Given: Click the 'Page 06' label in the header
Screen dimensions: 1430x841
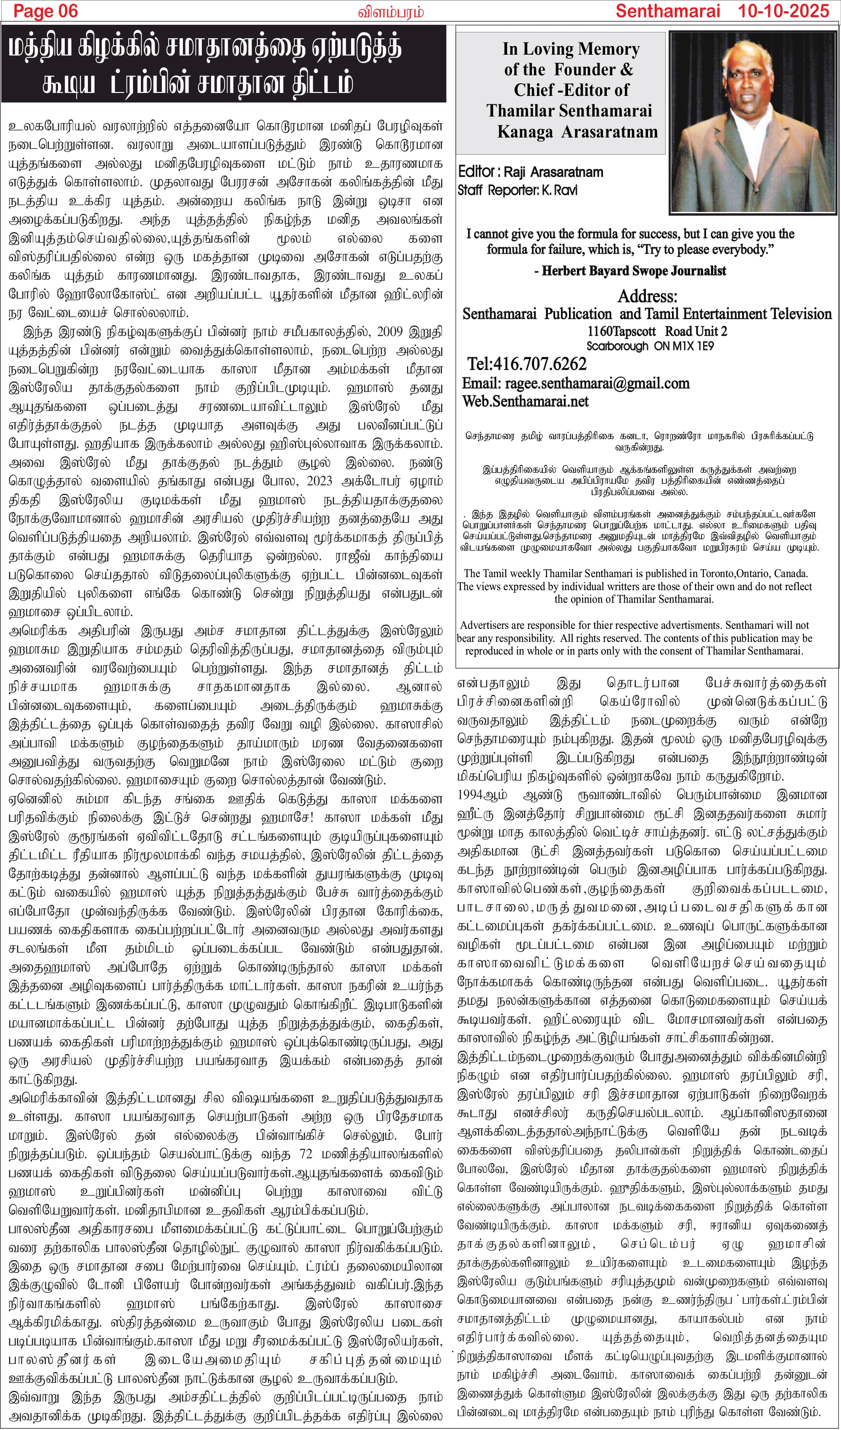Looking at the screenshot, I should point(45,11).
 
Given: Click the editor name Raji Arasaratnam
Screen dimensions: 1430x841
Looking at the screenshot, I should point(553,172).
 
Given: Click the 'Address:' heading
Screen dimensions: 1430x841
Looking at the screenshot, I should point(647,296).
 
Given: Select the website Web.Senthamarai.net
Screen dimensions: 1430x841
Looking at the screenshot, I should point(526,401).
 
